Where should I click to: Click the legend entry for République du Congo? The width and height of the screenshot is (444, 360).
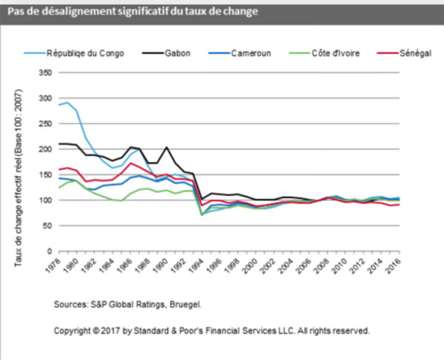pyautogui.click(x=78, y=52)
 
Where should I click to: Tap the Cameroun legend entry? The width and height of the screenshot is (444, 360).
pyautogui.click(x=250, y=52)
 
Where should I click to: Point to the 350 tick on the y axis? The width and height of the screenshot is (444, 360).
pyautogui.click(x=45, y=73)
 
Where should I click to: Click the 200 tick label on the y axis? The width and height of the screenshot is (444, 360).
pyautogui.click(x=45, y=149)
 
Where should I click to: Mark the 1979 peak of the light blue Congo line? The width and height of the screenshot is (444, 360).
pyautogui.click(x=67, y=103)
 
